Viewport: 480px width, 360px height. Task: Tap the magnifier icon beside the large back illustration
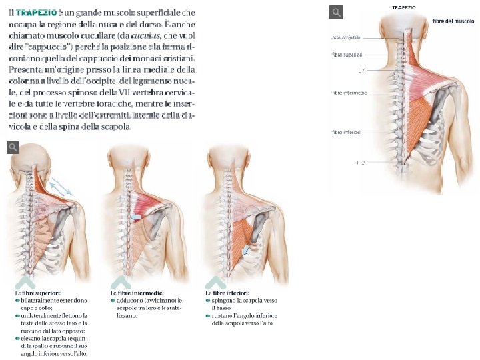tap(337, 12)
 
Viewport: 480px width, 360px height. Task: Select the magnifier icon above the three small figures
tap(13, 148)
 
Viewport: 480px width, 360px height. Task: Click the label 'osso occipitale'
tap(345, 37)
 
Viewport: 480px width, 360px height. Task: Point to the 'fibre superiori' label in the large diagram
tap(346, 55)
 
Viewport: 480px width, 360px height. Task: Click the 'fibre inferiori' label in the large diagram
tap(346, 133)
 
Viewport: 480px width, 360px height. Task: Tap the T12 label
tap(360, 162)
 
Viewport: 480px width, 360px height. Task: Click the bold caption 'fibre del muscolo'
tap(453, 21)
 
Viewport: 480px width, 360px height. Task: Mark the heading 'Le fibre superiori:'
tap(38, 292)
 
